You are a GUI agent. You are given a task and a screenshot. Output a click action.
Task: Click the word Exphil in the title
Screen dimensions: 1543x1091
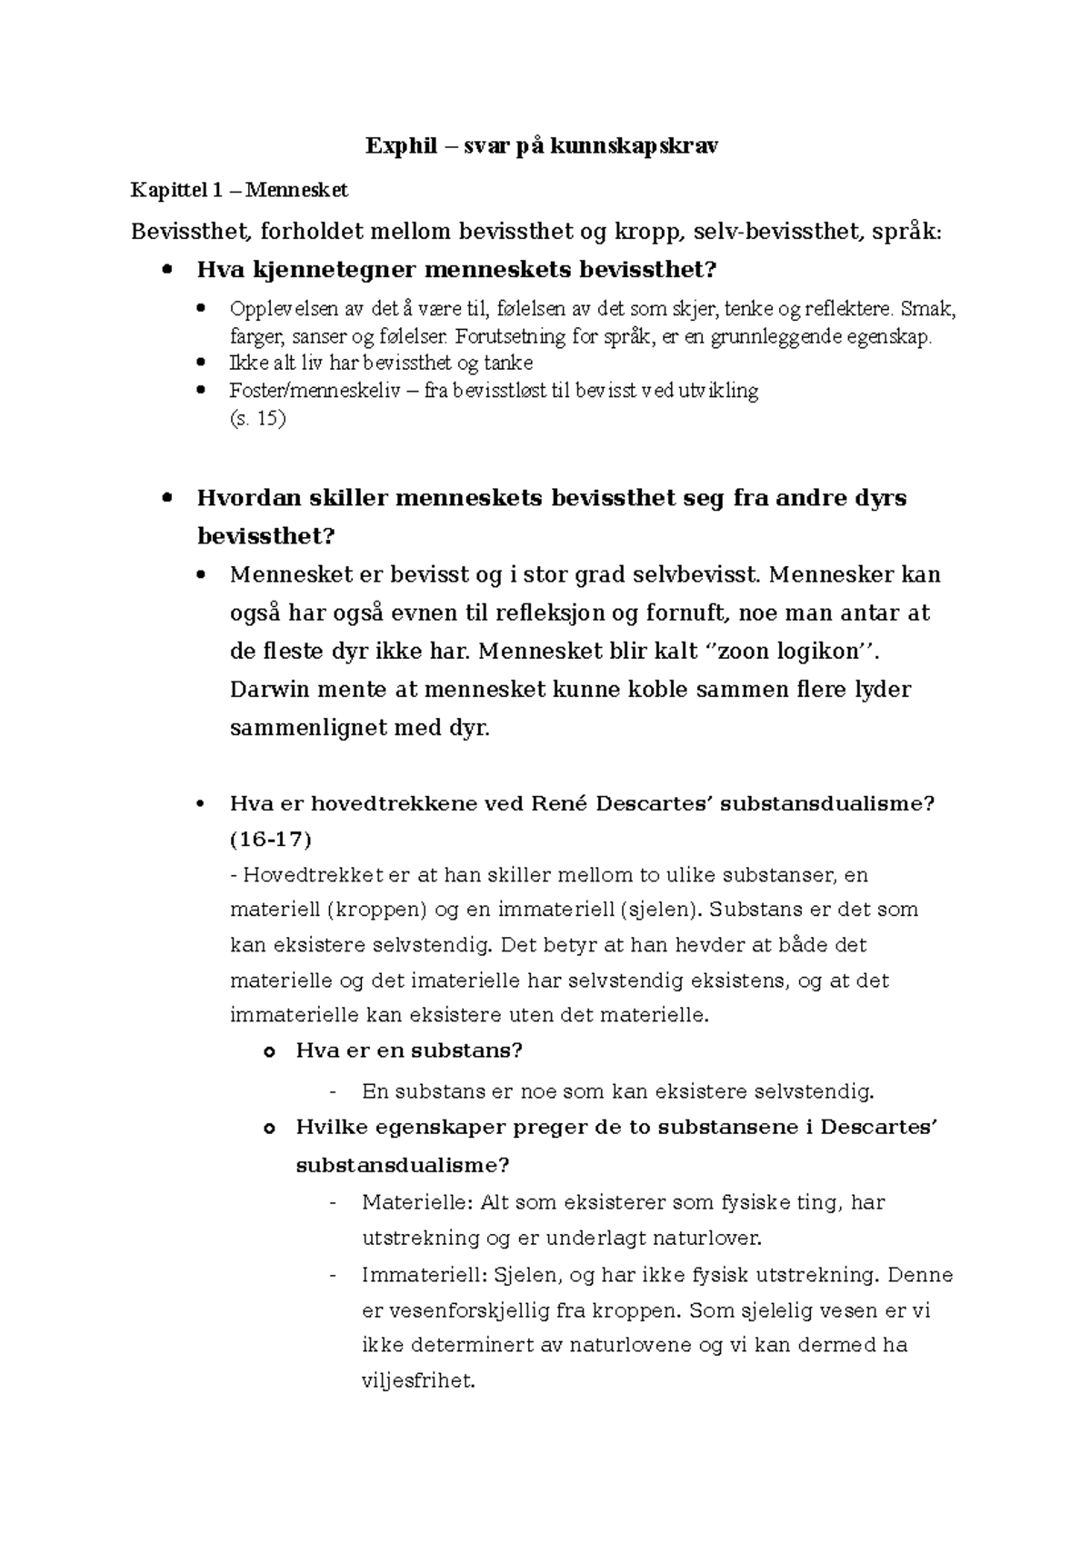(x=393, y=145)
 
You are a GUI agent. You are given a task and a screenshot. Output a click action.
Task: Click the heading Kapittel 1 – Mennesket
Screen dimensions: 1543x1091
(x=239, y=191)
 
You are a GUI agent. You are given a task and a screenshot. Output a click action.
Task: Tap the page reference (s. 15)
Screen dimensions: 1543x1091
(x=258, y=419)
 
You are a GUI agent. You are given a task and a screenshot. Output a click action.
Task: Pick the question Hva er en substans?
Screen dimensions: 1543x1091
(x=409, y=1051)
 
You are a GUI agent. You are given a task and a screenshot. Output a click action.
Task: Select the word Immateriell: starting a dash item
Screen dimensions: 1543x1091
(x=424, y=1275)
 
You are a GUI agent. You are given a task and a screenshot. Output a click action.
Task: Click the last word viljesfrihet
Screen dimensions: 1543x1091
(x=418, y=1382)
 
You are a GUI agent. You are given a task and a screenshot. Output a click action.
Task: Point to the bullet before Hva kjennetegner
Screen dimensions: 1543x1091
(x=165, y=270)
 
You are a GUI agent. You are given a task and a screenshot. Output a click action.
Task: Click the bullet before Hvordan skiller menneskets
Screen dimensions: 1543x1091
(x=165, y=498)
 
